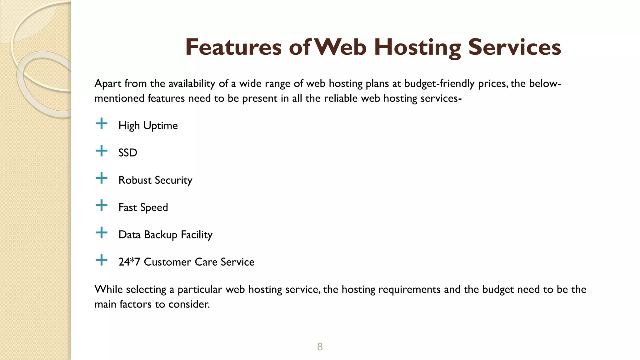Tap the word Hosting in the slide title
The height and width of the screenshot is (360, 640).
click(x=417, y=47)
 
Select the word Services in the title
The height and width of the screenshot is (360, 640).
click(x=514, y=47)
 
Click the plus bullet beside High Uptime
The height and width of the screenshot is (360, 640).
click(x=101, y=124)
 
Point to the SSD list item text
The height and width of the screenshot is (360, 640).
click(x=128, y=153)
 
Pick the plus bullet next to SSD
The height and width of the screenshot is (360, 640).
click(x=101, y=151)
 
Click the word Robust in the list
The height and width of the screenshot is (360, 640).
click(x=135, y=180)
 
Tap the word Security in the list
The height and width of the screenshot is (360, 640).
click(x=173, y=180)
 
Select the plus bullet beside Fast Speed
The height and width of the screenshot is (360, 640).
click(x=101, y=206)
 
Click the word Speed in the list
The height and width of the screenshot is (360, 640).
click(x=154, y=207)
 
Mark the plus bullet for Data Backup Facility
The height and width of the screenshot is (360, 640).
click(x=101, y=233)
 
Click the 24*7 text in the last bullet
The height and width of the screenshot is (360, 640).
click(x=129, y=262)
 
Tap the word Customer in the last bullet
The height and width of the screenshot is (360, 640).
click(x=167, y=262)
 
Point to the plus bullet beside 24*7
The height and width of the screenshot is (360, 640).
click(x=101, y=260)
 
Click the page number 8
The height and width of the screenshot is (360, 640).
click(x=320, y=347)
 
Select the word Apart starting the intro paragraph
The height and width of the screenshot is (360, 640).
click(x=108, y=84)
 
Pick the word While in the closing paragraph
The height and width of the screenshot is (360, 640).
click(x=108, y=289)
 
